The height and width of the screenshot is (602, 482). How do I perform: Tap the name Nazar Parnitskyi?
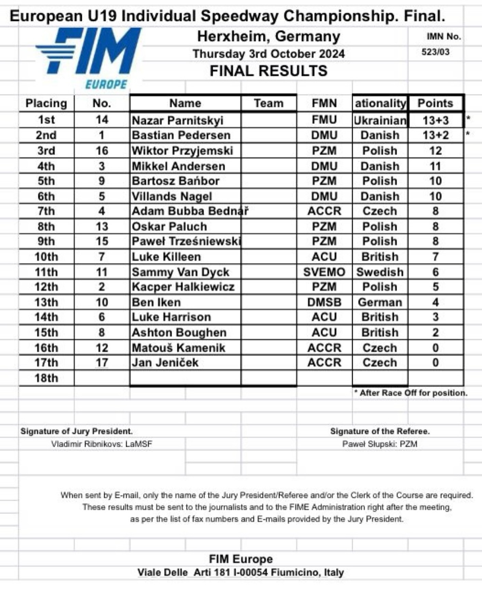coord(177,120)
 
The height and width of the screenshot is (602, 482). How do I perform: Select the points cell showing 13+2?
coord(436,135)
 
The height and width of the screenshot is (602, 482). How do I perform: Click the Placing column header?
coord(46,103)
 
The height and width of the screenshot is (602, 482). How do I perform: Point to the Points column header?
coord(436,103)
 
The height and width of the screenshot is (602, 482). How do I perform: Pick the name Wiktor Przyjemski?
coord(182,151)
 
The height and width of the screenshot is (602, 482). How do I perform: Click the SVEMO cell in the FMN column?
coord(324,272)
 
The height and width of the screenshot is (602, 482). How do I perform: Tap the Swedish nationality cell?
coord(380,272)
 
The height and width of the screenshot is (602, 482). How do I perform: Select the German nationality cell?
coord(380,302)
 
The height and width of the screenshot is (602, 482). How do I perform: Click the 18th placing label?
coord(46,378)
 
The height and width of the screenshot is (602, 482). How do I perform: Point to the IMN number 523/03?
coord(436,52)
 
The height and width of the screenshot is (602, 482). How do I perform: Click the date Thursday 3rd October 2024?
coord(269,54)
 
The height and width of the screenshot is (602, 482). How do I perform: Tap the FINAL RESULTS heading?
coord(269,71)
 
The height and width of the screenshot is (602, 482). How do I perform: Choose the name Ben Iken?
coord(156,302)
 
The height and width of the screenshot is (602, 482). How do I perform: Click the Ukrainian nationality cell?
coord(380,120)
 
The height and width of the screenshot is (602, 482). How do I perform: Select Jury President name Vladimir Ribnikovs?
coord(102,444)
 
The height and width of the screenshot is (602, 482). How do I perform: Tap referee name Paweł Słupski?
coord(380,444)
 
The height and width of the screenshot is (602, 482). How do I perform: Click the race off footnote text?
coord(411,393)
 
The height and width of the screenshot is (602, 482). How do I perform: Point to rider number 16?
coord(102,151)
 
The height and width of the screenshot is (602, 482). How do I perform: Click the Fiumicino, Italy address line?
coord(241,572)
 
